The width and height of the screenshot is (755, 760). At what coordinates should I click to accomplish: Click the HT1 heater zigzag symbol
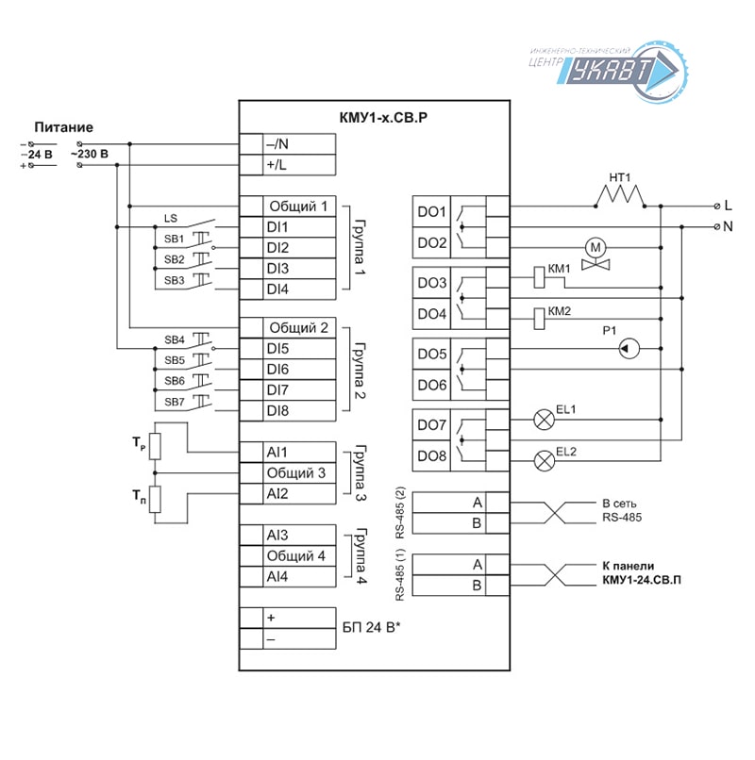(x=620, y=196)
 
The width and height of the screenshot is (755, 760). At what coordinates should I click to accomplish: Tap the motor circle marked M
(x=596, y=248)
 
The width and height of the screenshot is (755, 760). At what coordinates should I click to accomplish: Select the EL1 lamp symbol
(x=544, y=420)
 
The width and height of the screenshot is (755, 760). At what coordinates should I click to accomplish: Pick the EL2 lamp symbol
(x=544, y=460)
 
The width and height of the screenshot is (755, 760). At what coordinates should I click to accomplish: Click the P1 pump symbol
(x=629, y=349)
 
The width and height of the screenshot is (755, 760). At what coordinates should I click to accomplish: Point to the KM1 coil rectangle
(x=539, y=277)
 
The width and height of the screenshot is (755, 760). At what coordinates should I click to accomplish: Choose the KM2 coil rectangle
(x=539, y=319)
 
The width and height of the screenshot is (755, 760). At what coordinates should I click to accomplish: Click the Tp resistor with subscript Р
(x=155, y=446)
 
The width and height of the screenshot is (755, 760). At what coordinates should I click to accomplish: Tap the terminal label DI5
(x=277, y=349)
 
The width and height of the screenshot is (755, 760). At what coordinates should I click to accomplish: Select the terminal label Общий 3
(x=296, y=473)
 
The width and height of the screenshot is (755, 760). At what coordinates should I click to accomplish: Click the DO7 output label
(x=431, y=425)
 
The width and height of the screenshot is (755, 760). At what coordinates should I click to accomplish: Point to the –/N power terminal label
(x=277, y=144)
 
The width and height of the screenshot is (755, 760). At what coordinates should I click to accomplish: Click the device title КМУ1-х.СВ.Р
(x=383, y=118)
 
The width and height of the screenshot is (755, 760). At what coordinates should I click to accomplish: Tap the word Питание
(x=63, y=127)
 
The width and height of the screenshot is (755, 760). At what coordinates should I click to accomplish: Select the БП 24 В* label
(x=371, y=628)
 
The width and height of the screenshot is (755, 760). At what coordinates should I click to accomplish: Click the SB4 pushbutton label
(x=175, y=339)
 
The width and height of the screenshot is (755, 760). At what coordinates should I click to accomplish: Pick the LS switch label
(x=170, y=219)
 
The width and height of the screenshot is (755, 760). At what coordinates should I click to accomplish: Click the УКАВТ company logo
(x=609, y=72)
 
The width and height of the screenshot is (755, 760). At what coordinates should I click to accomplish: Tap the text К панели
(x=628, y=566)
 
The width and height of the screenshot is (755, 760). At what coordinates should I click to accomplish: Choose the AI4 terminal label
(x=277, y=577)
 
